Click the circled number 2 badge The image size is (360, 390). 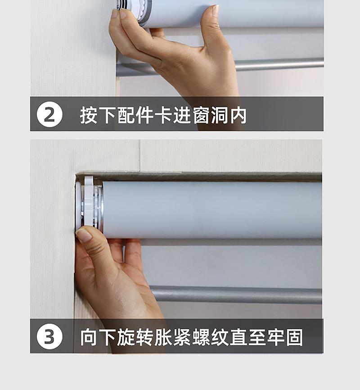(x=49, y=114)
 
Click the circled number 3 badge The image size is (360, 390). (x=49, y=336)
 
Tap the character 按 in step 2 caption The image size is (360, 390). (x=89, y=115)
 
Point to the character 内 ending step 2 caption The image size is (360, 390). (x=238, y=115)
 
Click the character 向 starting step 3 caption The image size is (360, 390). (x=89, y=337)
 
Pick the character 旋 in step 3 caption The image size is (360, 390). (x=126, y=337)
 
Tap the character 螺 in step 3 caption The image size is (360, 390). (x=201, y=337)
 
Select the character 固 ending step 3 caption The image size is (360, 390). (x=294, y=337)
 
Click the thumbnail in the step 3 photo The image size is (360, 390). (x=83, y=235)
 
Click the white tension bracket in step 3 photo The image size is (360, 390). (x=89, y=201)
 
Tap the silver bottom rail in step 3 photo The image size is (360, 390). (x=236, y=295)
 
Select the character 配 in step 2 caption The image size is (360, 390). (x=126, y=115)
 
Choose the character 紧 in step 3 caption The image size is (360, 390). (x=182, y=337)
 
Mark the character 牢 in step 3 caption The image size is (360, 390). (x=276, y=337)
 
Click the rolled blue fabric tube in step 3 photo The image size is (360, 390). (x=212, y=210)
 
